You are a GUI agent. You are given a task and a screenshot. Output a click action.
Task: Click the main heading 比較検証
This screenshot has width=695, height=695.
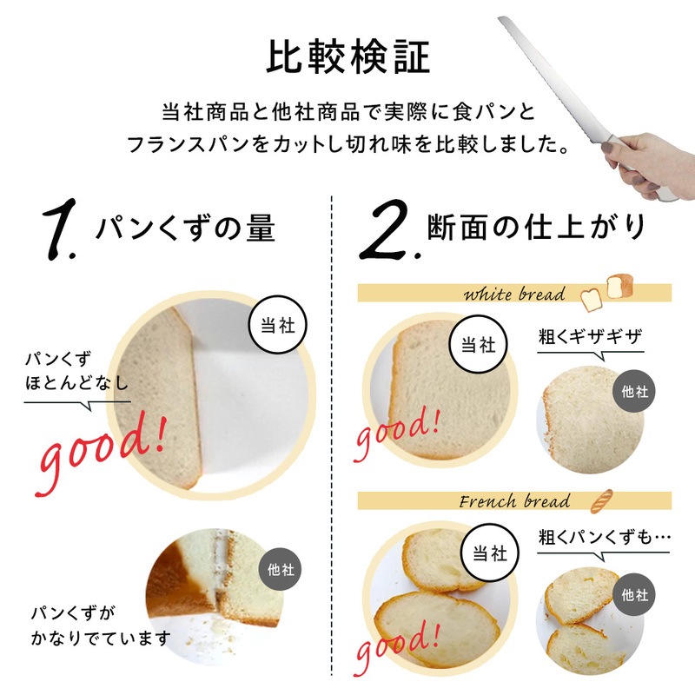[348, 56]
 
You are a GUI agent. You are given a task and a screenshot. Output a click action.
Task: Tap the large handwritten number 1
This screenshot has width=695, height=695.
[59, 229]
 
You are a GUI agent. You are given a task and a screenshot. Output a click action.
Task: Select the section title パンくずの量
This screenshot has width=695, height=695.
[185, 228]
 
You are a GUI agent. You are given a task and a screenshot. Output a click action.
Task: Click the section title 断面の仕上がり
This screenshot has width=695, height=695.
[536, 227]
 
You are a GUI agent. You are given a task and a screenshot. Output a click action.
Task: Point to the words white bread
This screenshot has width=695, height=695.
[514, 294]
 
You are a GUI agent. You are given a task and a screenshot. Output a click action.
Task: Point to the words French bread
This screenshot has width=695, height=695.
[514, 501]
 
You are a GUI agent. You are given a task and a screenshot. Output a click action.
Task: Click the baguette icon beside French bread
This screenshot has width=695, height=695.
[602, 501]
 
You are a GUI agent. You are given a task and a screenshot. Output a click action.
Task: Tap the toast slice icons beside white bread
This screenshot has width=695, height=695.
[606, 293]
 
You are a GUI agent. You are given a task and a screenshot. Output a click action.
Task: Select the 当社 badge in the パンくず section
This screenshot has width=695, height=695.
[277, 325]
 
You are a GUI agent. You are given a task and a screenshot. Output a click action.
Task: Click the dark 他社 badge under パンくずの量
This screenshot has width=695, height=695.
[280, 569]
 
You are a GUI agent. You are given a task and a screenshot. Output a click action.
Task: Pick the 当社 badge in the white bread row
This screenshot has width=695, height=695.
[478, 344]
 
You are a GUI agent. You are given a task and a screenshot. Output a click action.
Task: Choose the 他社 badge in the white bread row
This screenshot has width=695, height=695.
[634, 391]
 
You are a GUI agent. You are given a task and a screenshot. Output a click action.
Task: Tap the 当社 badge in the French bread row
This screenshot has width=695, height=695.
[489, 553]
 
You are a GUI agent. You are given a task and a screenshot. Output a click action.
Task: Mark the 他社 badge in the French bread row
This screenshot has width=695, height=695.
[634, 594]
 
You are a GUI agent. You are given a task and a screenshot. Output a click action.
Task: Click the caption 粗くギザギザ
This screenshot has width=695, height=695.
[590, 337]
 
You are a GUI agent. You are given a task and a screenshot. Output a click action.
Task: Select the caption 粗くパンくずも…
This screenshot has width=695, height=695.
[604, 538]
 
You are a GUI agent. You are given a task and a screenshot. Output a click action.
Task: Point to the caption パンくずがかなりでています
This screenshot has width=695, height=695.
[101, 625]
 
